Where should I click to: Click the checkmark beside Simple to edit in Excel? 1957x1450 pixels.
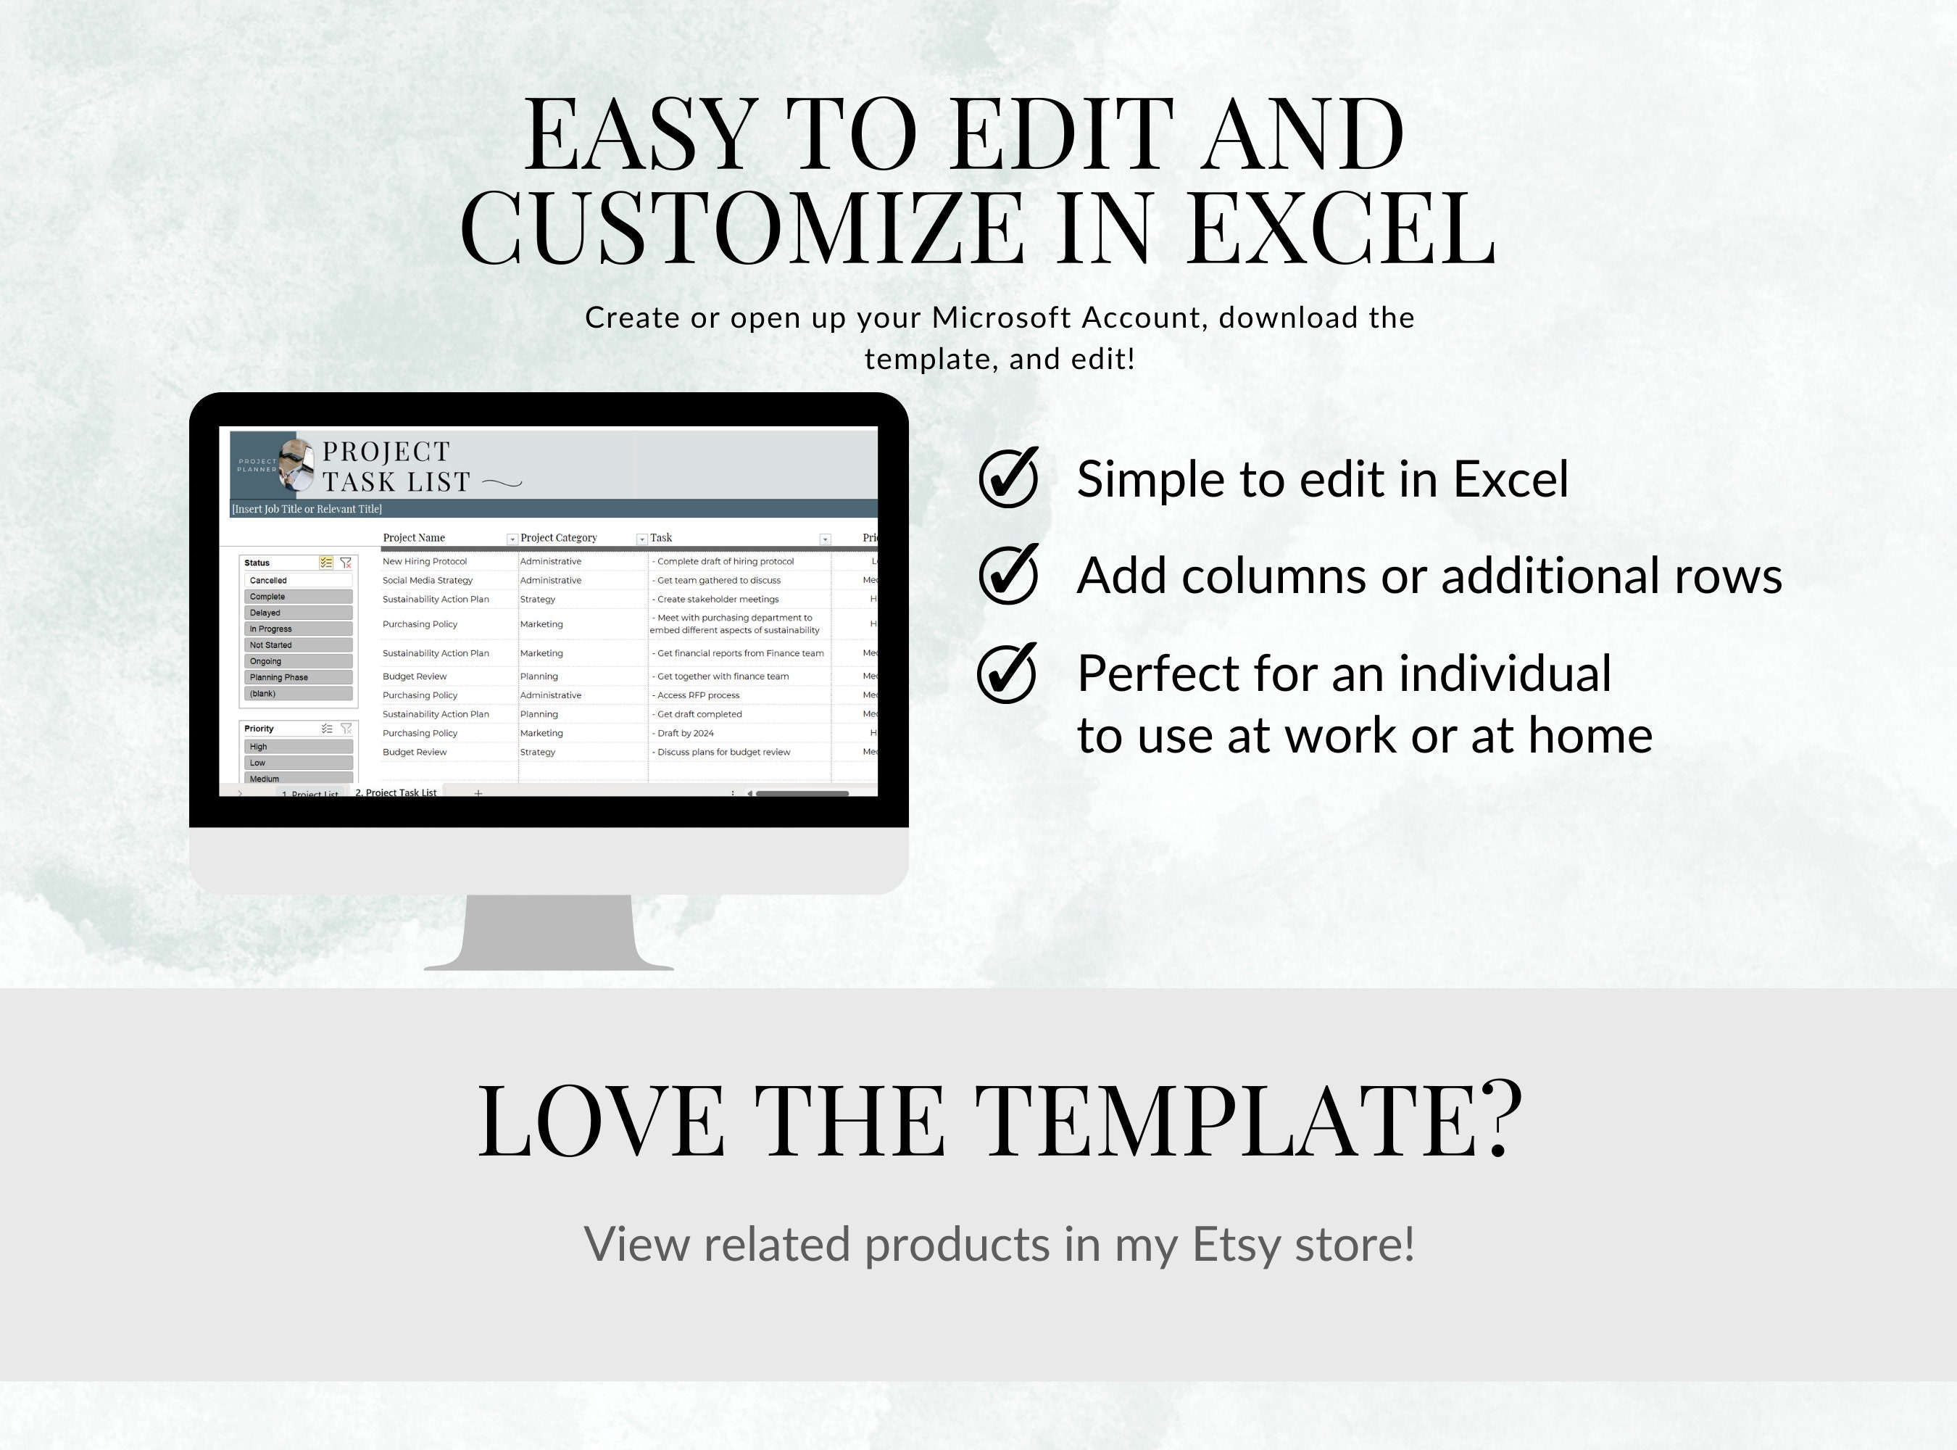(1008, 478)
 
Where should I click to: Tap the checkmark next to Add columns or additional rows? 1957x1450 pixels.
(1008, 575)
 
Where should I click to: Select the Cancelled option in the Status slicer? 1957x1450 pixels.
(299, 580)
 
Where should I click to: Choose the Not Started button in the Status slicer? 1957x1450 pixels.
(299, 645)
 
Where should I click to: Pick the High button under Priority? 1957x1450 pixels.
(299, 747)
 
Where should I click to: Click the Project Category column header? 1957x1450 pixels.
(559, 538)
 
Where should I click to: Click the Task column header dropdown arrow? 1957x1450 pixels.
(825, 539)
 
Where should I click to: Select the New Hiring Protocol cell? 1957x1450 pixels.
(425, 562)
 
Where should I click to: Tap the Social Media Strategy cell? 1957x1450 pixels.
(428, 580)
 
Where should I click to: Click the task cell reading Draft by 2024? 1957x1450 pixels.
(684, 733)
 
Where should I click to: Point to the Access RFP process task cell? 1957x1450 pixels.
(698, 695)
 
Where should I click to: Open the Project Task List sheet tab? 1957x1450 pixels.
(396, 792)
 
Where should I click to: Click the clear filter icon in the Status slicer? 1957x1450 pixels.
(346, 563)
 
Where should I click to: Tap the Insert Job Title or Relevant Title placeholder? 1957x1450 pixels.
(307, 509)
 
